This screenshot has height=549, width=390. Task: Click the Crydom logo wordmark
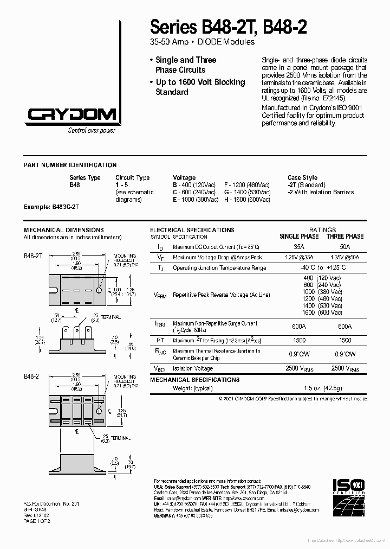click(71, 114)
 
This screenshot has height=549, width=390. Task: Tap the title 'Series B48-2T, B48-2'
click(228, 27)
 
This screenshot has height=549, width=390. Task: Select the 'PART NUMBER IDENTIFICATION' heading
click(70, 165)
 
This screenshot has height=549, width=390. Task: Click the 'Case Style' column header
click(302, 178)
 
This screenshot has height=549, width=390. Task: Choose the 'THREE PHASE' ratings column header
click(345, 237)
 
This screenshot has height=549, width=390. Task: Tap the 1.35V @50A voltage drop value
click(345, 258)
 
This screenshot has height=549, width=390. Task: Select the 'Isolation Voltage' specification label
click(192, 368)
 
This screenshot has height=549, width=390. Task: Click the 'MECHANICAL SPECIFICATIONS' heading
click(194, 380)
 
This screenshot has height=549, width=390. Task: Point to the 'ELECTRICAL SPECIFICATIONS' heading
click(192, 230)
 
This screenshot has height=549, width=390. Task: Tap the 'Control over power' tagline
click(92, 130)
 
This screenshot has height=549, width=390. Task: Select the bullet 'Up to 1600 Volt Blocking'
click(200, 82)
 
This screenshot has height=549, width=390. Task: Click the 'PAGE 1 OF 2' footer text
click(37, 521)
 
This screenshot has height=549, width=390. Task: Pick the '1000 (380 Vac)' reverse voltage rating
click(322, 292)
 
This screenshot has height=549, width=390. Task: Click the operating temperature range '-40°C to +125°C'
click(322, 268)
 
